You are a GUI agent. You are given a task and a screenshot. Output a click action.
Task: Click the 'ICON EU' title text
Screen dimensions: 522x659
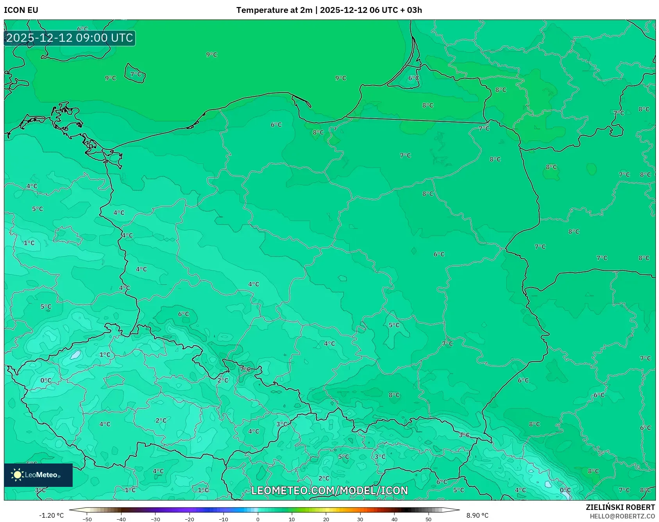[x=21, y=10]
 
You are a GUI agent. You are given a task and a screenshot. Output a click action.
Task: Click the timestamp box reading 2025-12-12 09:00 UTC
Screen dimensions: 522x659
[x=70, y=38]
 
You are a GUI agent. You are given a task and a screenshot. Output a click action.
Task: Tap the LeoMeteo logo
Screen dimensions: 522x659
[x=38, y=475]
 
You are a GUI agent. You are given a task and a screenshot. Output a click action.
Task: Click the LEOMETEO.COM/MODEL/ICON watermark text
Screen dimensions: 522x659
[x=329, y=490]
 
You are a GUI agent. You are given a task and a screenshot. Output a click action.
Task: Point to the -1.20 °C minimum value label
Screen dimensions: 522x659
[x=51, y=515]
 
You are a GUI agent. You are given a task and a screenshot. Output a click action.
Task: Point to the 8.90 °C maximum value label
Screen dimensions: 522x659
[x=477, y=515]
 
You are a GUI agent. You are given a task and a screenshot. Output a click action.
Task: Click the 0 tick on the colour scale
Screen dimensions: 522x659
[x=257, y=519]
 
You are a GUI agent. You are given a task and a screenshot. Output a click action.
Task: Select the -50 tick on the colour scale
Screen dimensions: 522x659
[x=87, y=519]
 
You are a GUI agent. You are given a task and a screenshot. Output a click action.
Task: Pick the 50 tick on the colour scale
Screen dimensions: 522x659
[x=429, y=519]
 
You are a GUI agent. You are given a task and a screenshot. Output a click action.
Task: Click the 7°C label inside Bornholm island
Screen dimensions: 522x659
[x=136, y=74]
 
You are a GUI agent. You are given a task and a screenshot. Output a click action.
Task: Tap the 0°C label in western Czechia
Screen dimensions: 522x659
[x=46, y=380]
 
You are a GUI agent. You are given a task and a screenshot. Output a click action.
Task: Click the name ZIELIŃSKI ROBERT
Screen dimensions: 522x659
[x=620, y=507]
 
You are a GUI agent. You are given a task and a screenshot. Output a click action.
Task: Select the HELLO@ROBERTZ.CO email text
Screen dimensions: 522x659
[x=622, y=516]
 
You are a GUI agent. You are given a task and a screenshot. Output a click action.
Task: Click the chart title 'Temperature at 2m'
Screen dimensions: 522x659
[x=274, y=10]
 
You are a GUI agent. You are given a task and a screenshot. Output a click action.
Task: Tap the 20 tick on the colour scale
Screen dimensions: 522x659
[x=326, y=519]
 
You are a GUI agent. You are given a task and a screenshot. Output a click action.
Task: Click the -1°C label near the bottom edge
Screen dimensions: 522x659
[x=203, y=490]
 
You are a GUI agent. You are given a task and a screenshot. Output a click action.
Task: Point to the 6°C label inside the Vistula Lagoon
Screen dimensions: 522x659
[x=414, y=78]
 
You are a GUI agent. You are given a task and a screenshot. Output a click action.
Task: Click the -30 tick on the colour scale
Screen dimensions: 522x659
[x=155, y=519]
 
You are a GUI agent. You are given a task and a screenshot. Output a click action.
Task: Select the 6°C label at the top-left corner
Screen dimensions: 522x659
[x=82, y=29]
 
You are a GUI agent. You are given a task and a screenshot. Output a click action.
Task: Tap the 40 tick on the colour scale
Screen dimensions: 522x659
[x=394, y=519]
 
